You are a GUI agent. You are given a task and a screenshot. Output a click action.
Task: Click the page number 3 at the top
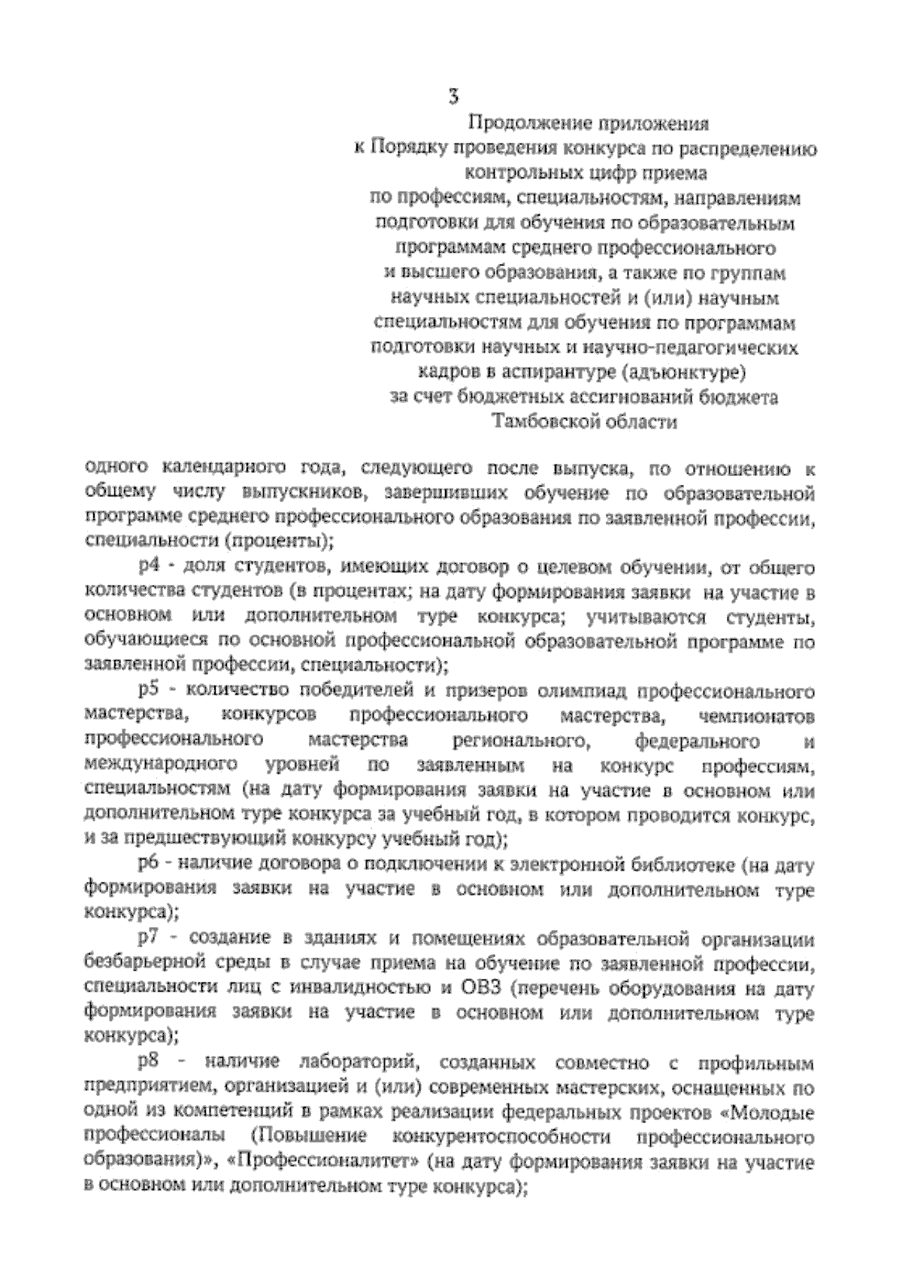coord(453,96)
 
